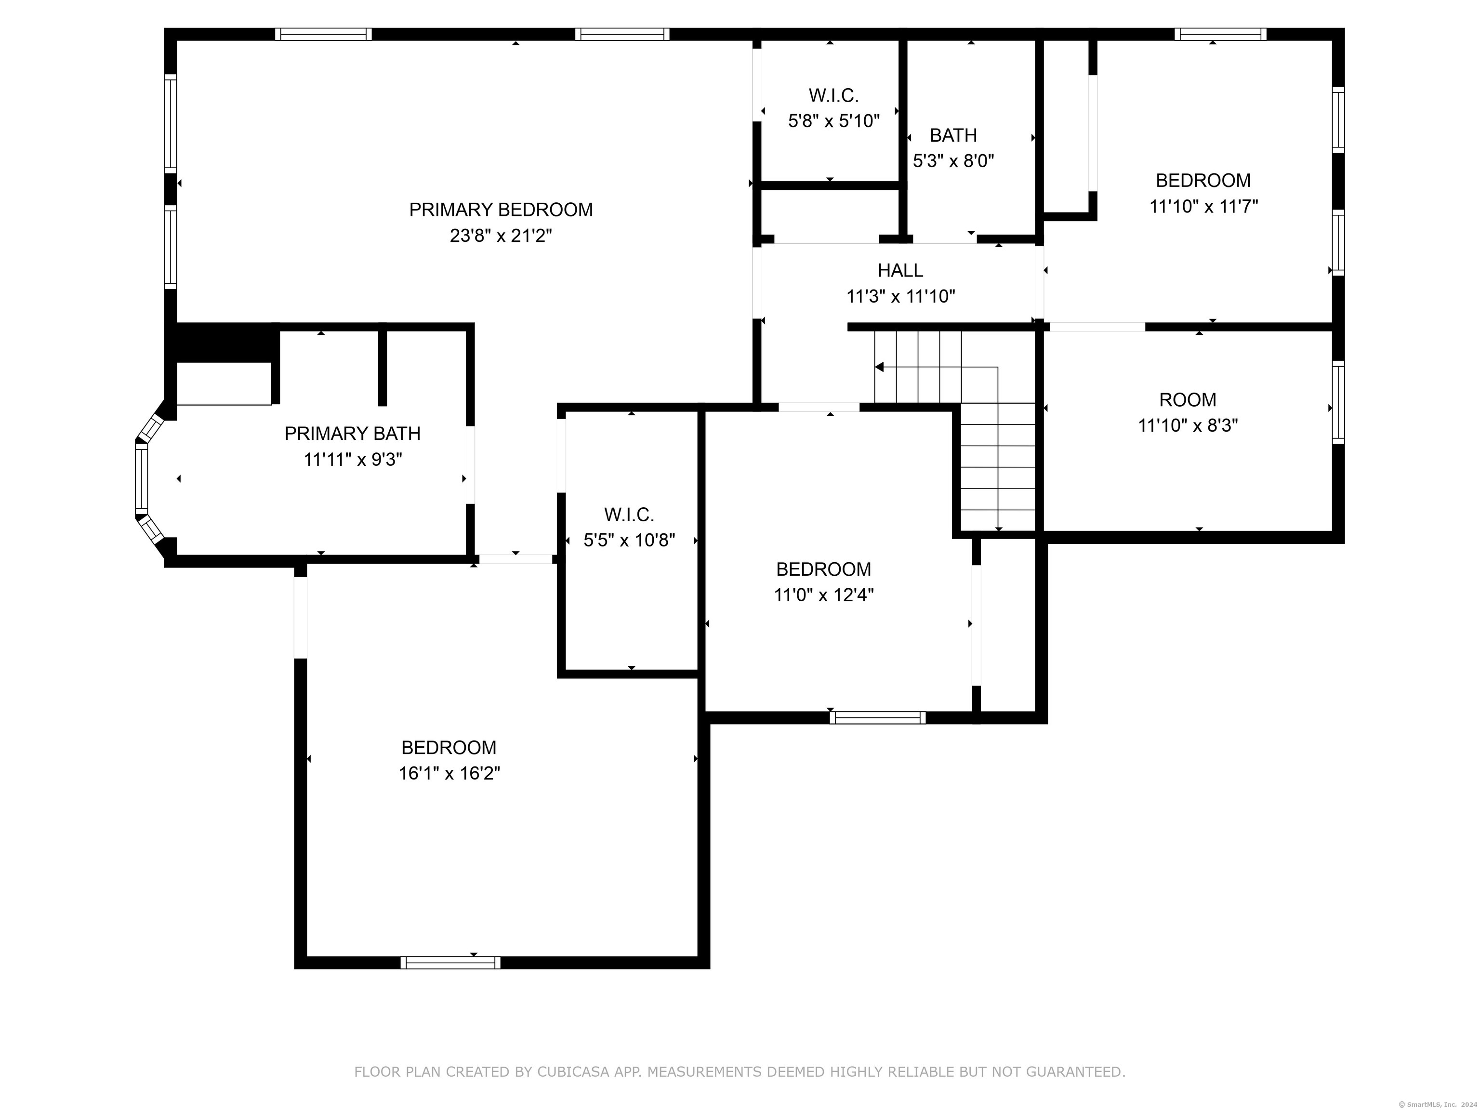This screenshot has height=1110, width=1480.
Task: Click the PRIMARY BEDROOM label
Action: pyautogui.click(x=501, y=210)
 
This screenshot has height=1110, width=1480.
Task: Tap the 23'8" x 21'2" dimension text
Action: pyautogui.click(x=501, y=236)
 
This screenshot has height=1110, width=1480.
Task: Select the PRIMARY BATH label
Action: pyautogui.click(x=353, y=434)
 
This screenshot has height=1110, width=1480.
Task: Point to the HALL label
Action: pyautogui.click(x=900, y=270)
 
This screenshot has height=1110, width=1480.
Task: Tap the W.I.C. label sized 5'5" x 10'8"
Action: pyautogui.click(x=629, y=515)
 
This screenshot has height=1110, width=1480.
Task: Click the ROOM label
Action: pyautogui.click(x=1188, y=400)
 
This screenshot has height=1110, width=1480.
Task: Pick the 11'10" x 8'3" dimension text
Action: pyautogui.click(x=1188, y=425)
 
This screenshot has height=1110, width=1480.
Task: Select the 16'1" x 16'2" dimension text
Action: pyautogui.click(x=449, y=773)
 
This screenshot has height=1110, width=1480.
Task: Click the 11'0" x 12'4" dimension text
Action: pyautogui.click(x=824, y=595)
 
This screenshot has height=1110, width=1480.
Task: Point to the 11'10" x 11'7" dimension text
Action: pyautogui.click(x=1203, y=206)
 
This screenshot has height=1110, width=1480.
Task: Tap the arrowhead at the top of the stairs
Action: pyautogui.click(x=879, y=367)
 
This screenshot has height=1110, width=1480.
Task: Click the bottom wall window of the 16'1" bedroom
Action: pyautogui.click(x=450, y=963)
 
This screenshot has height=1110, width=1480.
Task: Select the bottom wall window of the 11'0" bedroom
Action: pyautogui.click(x=878, y=718)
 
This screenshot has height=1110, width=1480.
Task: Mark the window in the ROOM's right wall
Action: pyautogui.click(x=1338, y=402)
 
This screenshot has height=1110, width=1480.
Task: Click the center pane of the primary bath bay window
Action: pyautogui.click(x=141, y=478)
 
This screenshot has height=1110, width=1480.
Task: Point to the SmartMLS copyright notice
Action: pyautogui.click(x=1439, y=1104)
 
